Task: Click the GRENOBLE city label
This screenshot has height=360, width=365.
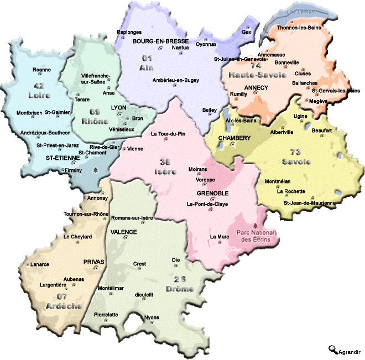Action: point(212,194)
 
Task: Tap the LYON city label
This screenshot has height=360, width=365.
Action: point(119,107)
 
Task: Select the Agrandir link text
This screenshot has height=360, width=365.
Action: point(350,351)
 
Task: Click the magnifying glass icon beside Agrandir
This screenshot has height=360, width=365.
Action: point(332,349)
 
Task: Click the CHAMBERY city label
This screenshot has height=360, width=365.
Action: point(234,138)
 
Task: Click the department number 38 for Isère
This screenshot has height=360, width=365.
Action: point(164,163)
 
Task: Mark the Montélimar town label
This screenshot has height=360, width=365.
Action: point(111,289)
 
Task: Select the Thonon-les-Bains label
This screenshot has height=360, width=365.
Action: point(299,28)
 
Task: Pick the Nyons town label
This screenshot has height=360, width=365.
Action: point(152,317)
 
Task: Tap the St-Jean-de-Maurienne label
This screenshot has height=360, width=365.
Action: point(309,203)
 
